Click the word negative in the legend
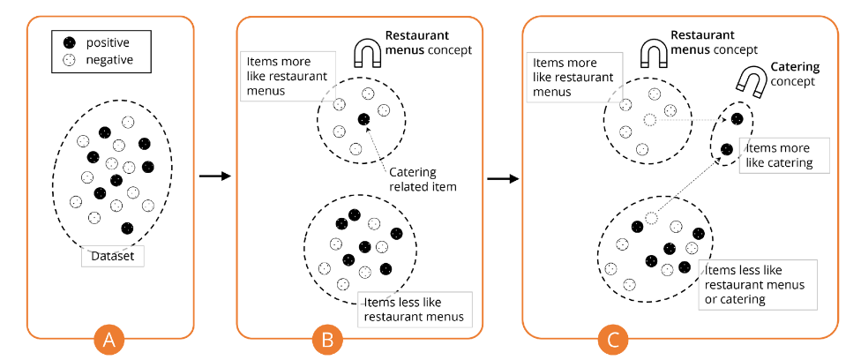109,60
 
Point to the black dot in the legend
70,41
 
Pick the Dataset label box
113,257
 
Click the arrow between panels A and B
215,176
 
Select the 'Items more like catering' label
784,156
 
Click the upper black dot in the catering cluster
737,119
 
